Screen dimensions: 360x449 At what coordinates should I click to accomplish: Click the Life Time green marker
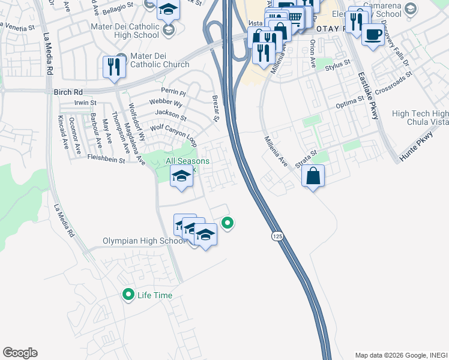click(x=128, y=295)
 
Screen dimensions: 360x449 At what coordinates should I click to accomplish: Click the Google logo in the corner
click(x=20, y=353)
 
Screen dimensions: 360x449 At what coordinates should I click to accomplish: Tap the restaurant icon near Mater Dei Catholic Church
click(x=112, y=66)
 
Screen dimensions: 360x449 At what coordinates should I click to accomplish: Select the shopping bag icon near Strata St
click(x=313, y=176)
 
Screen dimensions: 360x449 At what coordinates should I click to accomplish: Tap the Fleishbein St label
click(x=106, y=160)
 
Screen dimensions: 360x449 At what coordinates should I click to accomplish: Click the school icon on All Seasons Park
click(x=181, y=176)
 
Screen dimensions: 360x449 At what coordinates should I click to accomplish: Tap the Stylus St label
click(x=338, y=65)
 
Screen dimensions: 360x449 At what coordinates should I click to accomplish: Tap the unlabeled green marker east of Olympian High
click(x=228, y=224)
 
